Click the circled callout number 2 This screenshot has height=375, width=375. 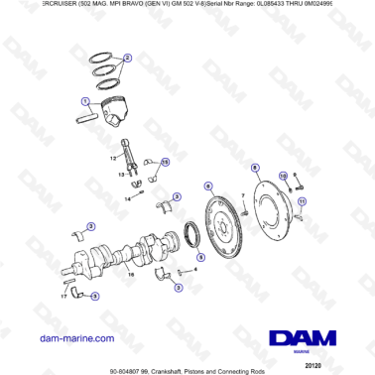point(126,58)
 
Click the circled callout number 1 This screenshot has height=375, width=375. point(85,101)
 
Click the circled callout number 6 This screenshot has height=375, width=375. point(207,186)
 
